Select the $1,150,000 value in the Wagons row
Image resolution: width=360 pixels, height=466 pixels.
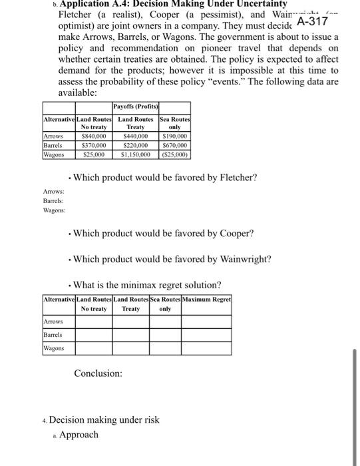(x=136, y=154)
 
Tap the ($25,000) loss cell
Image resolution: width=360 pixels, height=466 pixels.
(x=175, y=154)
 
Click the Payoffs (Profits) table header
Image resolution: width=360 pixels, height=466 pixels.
(x=135, y=107)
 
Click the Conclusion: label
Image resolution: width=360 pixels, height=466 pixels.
(x=98, y=373)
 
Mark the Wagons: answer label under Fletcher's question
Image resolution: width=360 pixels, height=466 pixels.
(x=55, y=210)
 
